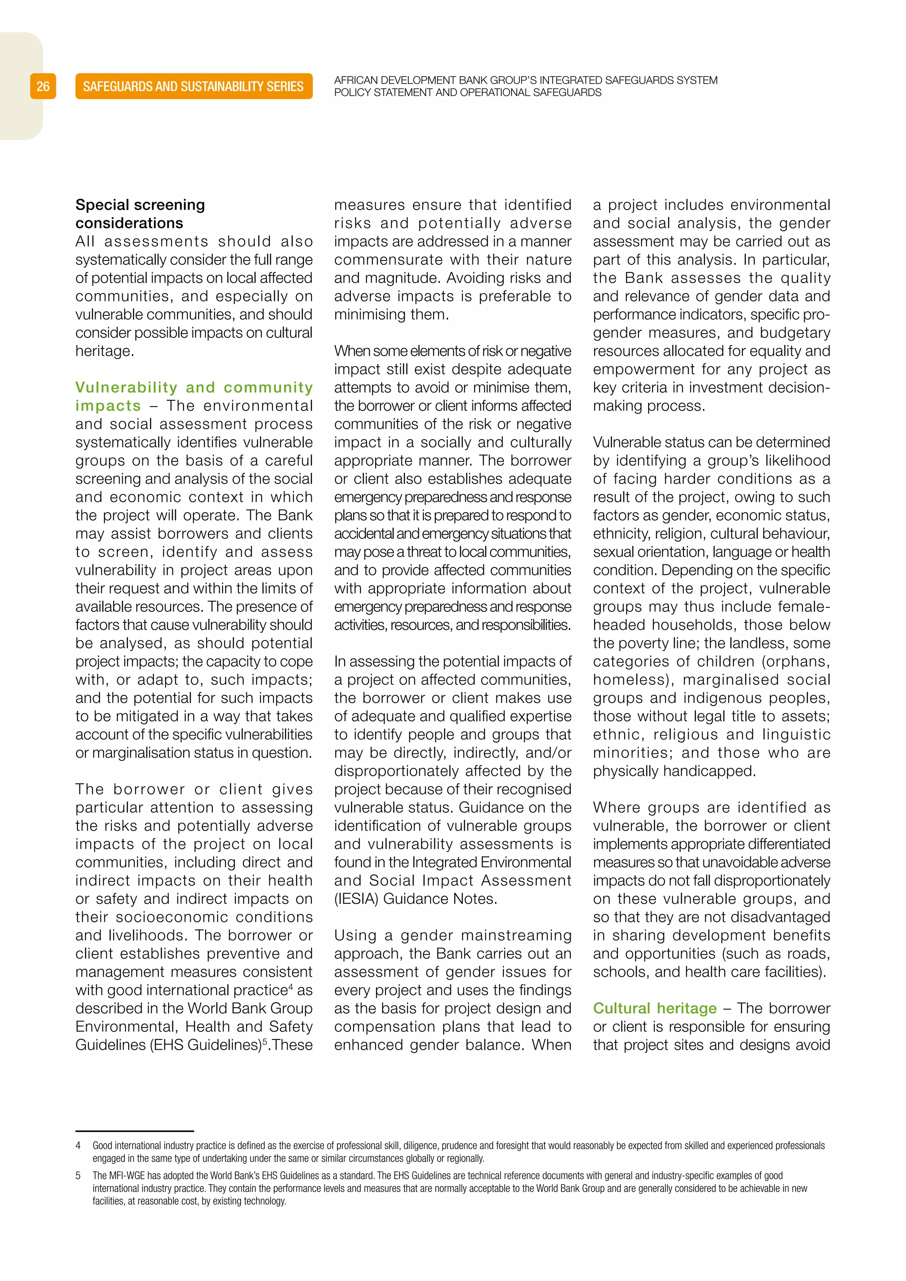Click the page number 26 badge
43,87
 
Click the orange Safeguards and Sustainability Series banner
194,87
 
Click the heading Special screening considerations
140,214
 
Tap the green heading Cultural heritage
654,1009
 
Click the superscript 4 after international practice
291,987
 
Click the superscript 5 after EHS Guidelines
265,1042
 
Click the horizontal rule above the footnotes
134,1131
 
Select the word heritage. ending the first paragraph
104,351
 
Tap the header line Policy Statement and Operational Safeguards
468,92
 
